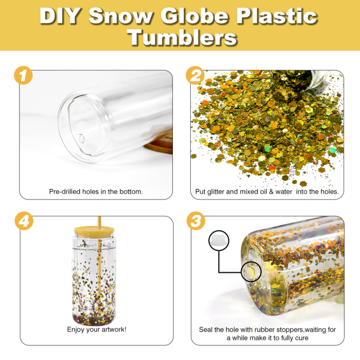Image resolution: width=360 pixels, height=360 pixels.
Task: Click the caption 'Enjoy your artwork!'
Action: click(x=97, y=329)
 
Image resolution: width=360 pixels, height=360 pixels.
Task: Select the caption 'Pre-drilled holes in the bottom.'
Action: click(x=96, y=192)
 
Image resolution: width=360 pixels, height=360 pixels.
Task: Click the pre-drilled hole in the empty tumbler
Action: click(x=81, y=138)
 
